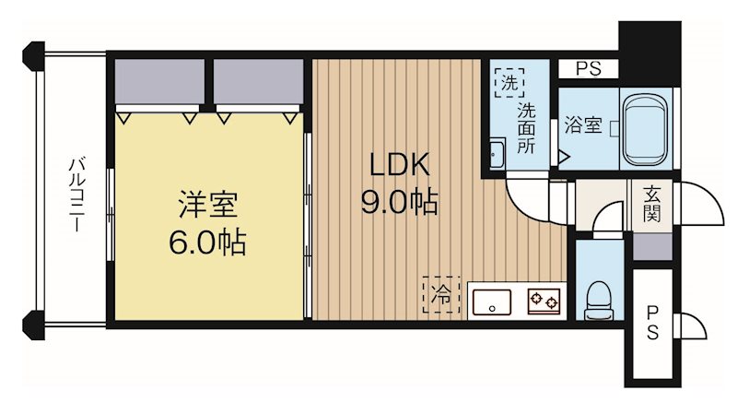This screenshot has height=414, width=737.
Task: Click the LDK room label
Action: click(399, 166)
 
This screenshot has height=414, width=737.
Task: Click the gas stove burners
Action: click(543, 300)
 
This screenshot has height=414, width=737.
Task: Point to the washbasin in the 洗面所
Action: click(496, 153)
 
